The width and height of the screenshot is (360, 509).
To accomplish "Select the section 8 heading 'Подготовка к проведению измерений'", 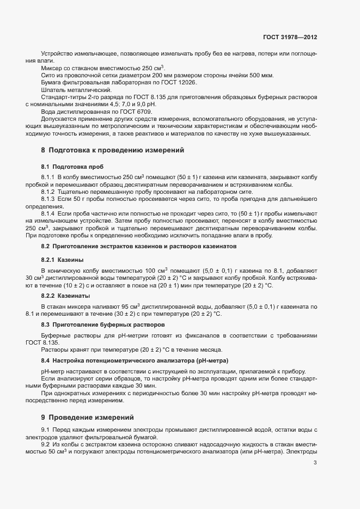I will click(x=117, y=149).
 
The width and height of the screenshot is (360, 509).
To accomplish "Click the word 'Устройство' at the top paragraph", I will click(x=57, y=53).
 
